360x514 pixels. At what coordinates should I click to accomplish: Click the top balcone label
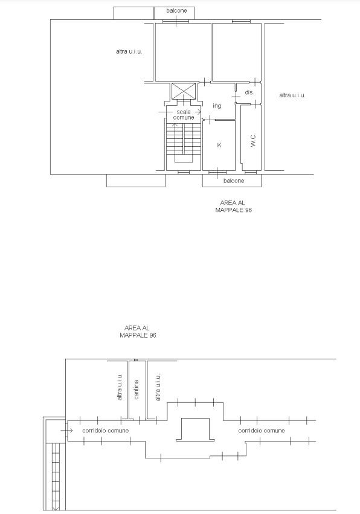coord(176,10)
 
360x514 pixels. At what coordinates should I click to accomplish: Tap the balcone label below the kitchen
coord(234,181)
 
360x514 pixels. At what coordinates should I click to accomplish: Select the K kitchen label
coord(219,145)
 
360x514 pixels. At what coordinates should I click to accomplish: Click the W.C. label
coord(253,141)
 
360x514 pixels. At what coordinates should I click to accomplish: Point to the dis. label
coord(249,92)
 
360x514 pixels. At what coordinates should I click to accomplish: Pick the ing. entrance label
coord(217,106)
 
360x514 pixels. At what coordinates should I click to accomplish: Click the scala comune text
coord(184,114)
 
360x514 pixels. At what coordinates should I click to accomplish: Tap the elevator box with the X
coord(184,91)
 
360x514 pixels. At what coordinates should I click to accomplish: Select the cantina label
coord(137,390)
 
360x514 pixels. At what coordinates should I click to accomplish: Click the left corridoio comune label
coord(105,431)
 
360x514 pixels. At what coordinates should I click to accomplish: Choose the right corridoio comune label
coord(262,431)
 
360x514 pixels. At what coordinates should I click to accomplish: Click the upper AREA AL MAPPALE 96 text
coord(233,206)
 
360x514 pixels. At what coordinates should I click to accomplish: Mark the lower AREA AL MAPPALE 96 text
coord(138,332)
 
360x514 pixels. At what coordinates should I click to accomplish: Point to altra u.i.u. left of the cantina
coord(120,387)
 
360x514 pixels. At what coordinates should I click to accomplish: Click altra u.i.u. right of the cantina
coord(158,387)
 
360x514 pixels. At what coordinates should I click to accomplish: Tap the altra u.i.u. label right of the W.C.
coord(292,95)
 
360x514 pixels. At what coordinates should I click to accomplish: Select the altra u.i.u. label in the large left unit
coord(129,51)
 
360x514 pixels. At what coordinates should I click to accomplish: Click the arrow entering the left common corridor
coord(66,430)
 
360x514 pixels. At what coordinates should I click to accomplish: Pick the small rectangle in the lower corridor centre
coord(196,429)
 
